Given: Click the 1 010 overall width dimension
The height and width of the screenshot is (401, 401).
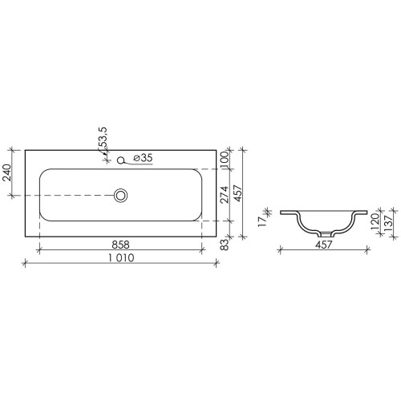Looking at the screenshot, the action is tap(121, 258).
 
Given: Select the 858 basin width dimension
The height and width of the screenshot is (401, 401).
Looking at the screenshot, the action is tap(120, 245).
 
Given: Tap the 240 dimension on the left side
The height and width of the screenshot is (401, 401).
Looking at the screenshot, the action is tap(6, 172).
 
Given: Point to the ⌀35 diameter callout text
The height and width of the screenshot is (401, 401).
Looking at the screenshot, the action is tap(143, 158).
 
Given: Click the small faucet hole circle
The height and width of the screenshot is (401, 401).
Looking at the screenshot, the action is tap(121, 160).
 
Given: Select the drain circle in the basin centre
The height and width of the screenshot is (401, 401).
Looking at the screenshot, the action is tap(120, 195).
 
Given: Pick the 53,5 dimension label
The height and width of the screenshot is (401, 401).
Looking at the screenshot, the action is tap(103, 137).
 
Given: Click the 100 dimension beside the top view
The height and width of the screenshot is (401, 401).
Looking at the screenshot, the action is tap(225, 160).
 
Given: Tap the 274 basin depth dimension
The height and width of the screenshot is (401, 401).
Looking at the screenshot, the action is tap(225, 194).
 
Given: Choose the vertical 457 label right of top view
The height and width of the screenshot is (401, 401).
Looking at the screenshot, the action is tap(237, 193).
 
